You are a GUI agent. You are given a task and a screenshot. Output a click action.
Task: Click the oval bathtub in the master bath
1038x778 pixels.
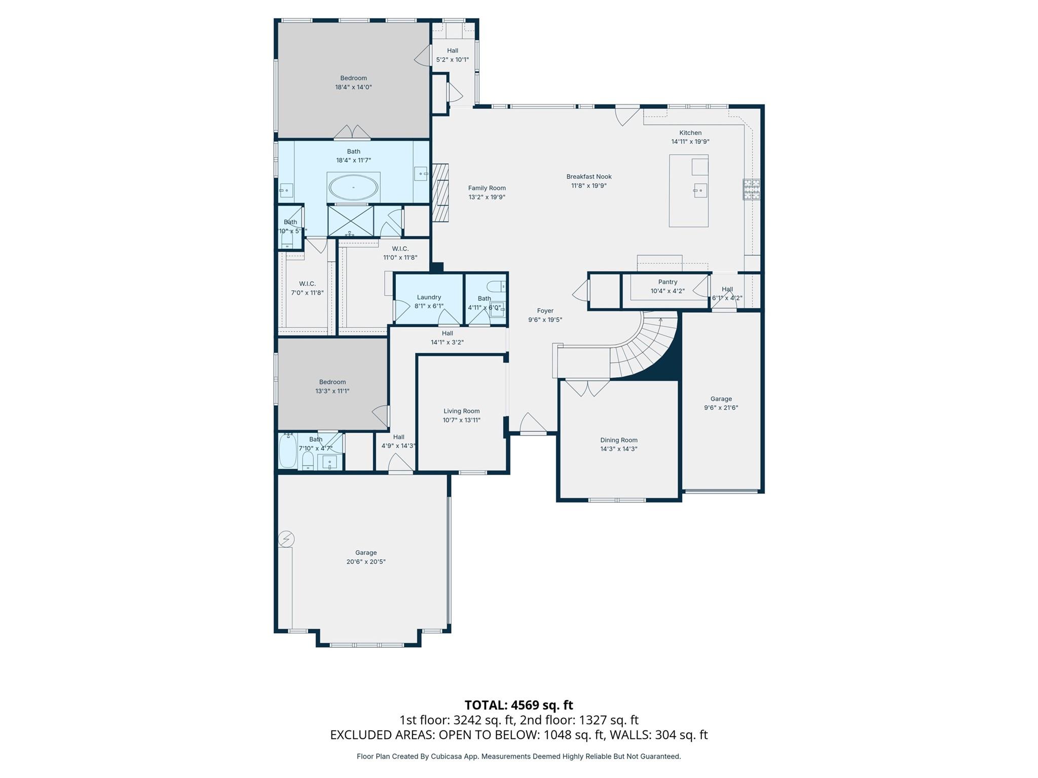[353, 188]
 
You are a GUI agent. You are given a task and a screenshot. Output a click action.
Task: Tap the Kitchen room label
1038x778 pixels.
[690, 133]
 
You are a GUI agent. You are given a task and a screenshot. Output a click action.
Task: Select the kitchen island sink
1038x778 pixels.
[700, 190]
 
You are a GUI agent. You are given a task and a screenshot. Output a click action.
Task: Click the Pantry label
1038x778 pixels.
[668, 282]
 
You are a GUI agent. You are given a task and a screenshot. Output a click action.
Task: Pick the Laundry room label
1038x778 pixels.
[429, 297]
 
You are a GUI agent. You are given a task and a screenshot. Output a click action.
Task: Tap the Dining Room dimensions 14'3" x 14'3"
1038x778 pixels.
[618, 449]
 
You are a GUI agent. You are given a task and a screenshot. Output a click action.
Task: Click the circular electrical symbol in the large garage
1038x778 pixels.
[286, 539]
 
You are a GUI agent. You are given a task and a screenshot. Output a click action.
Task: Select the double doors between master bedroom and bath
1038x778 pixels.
[352, 132]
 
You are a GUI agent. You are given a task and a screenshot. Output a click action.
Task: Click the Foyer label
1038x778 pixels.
[545, 310]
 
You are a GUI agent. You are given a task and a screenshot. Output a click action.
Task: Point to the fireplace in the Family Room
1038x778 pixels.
[440, 192]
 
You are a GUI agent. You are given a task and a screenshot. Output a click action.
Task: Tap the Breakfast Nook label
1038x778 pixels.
[589, 177]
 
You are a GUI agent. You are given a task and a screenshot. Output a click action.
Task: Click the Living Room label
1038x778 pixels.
[461, 411]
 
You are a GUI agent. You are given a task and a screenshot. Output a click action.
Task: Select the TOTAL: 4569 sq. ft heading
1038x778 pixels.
[518, 705]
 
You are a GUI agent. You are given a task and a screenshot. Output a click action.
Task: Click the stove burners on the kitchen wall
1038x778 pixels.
[752, 189]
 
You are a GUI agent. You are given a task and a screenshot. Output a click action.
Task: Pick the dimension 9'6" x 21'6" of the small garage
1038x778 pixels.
[721, 408]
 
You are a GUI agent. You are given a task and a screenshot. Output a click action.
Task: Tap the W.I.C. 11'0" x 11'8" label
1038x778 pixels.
[400, 253]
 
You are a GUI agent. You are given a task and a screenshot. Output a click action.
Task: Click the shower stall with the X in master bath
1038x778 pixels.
[351, 220]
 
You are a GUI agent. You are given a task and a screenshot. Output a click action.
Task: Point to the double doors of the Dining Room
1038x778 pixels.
[587, 388]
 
